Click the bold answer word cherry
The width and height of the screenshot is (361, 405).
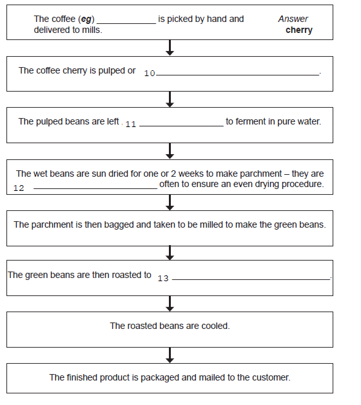(299, 30)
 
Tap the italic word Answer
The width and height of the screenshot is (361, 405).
(293, 19)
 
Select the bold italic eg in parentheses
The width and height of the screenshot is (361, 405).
(86, 19)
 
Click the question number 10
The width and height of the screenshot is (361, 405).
(150, 74)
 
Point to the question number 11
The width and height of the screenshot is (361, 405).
(131, 124)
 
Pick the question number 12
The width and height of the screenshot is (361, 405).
(19, 188)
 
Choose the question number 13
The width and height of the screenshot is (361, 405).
(163, 278)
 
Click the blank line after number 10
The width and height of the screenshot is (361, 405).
(238, 75)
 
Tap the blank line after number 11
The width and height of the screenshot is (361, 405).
(181, 126)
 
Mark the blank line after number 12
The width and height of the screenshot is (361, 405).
(95, 188)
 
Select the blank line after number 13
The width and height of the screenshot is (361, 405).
(251, 279)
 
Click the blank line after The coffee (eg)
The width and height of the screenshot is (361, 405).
(126, 24)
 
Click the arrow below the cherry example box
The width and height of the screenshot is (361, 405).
(170, 48)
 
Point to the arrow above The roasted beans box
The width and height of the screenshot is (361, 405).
(170, 304)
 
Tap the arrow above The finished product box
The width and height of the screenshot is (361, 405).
(170, 355)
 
